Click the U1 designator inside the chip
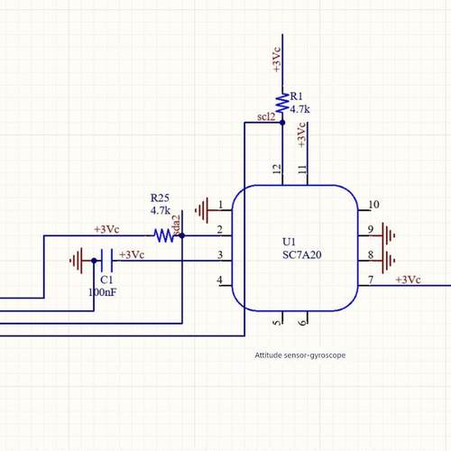click(289, 243)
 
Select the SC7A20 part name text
click(301, 255)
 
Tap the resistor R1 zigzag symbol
click(281, 104)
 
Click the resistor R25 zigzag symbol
click(163, 235)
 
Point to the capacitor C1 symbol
click(106, 261)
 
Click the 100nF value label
click(101, 293)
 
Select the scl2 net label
click(266, 117)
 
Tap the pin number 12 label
click(277, 169)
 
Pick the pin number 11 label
click(302, 169)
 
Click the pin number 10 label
click(373, 205)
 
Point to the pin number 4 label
click(219, 281)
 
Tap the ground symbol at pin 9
click(389, 235)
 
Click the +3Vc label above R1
click(276, 60)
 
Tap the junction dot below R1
click(281, 122)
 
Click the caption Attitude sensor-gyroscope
click(299, 355)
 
